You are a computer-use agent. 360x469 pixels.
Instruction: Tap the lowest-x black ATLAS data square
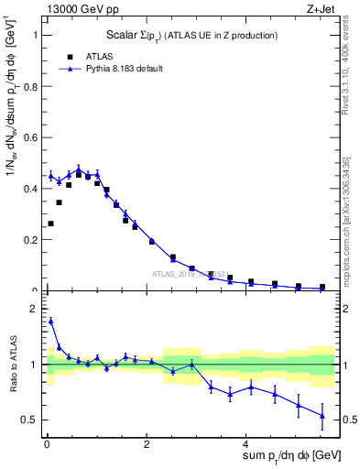[50, 224]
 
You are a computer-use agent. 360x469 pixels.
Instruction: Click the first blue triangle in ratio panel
[50, 322]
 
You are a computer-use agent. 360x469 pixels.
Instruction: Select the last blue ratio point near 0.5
[322, 416]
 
